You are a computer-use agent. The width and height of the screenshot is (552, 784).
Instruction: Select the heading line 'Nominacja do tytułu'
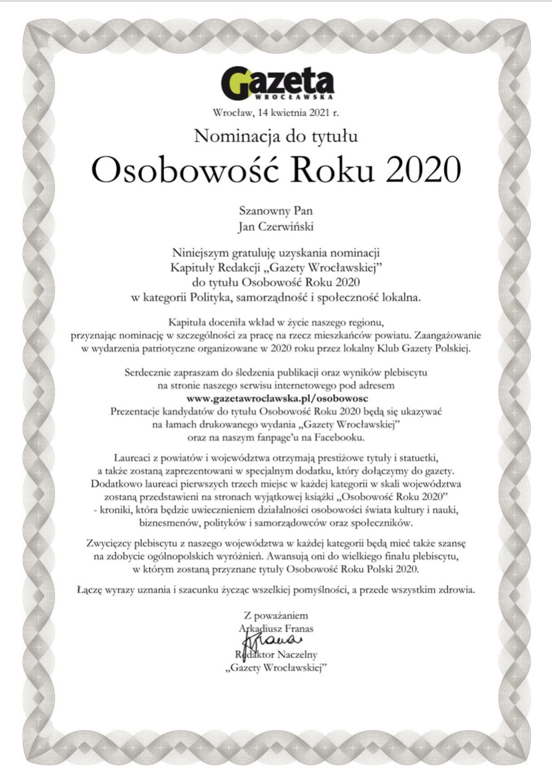click(276, 137)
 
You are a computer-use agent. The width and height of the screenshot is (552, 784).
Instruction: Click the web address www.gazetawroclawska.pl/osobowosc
click(275, 398)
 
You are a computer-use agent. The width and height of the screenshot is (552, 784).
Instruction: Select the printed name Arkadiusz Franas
click(275, 628)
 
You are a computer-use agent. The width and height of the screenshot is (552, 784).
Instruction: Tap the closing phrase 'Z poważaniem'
click(275, 615)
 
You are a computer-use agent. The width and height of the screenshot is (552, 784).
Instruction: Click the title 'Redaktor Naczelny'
click(275, 655)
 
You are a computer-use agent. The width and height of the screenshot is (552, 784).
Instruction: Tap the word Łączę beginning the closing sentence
click(91, 589)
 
